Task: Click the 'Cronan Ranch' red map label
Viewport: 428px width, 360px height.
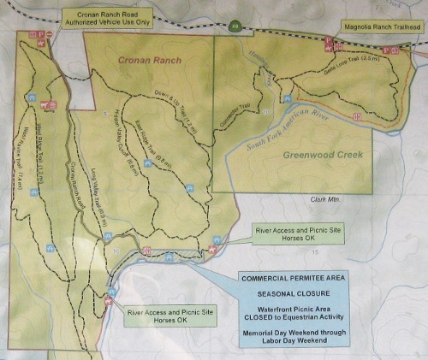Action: coord(142,60)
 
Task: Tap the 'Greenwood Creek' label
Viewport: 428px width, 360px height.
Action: coord(321,155)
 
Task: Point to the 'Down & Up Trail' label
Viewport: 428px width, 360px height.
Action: coord(178,106)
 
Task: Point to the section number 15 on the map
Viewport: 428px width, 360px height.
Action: coord(316,253)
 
